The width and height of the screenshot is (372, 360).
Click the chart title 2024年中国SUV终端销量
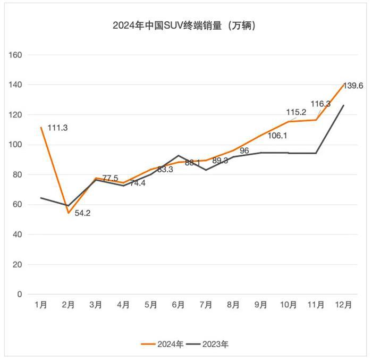184,25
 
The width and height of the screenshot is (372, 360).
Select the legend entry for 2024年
163,345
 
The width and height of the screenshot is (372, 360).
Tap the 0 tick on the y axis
20,294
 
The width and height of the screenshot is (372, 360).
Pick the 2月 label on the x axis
67,305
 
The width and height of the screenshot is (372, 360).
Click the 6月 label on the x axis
178,305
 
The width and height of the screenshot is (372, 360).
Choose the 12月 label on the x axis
343,305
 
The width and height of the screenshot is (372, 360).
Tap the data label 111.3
58,128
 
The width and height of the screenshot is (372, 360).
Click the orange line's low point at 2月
68,213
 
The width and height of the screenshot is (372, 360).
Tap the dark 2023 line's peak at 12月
343,105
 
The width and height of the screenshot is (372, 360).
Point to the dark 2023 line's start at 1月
40,198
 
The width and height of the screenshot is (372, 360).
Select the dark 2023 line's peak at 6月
178,155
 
